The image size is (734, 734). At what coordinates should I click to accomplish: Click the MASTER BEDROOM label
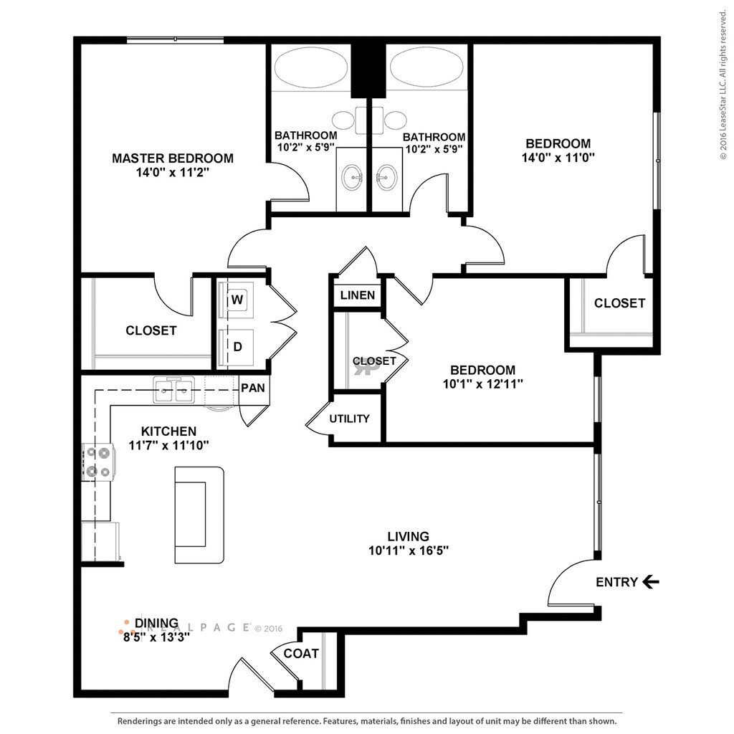click(172, 158)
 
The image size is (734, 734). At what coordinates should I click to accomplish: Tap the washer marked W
click(237, 300)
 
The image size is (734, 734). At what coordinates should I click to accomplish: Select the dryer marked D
click(237, 348)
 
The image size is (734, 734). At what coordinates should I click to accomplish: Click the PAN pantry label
click(253, 388)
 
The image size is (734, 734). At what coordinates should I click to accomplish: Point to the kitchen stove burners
click(97, 462)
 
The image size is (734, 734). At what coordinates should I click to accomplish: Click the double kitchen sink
click(174, 389)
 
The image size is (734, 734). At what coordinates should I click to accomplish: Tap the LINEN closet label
click(358, 295)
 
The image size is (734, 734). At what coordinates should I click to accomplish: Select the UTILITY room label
click(349, 419)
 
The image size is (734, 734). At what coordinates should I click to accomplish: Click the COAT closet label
click(301, 654)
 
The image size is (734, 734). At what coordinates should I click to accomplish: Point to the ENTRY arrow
click(651, 582)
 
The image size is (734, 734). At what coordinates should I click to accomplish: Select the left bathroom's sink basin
click(352, 178)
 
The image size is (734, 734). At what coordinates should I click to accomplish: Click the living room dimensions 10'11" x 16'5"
click(409, 550)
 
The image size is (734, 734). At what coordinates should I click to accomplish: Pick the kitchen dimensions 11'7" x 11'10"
click(168, 444)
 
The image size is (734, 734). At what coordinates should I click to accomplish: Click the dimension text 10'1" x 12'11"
click(482, 384)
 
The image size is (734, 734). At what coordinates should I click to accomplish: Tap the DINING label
click(156, 623)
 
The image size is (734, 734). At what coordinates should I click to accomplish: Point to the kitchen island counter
click(199, 515)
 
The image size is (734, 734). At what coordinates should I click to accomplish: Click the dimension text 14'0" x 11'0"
click(558, 157)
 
